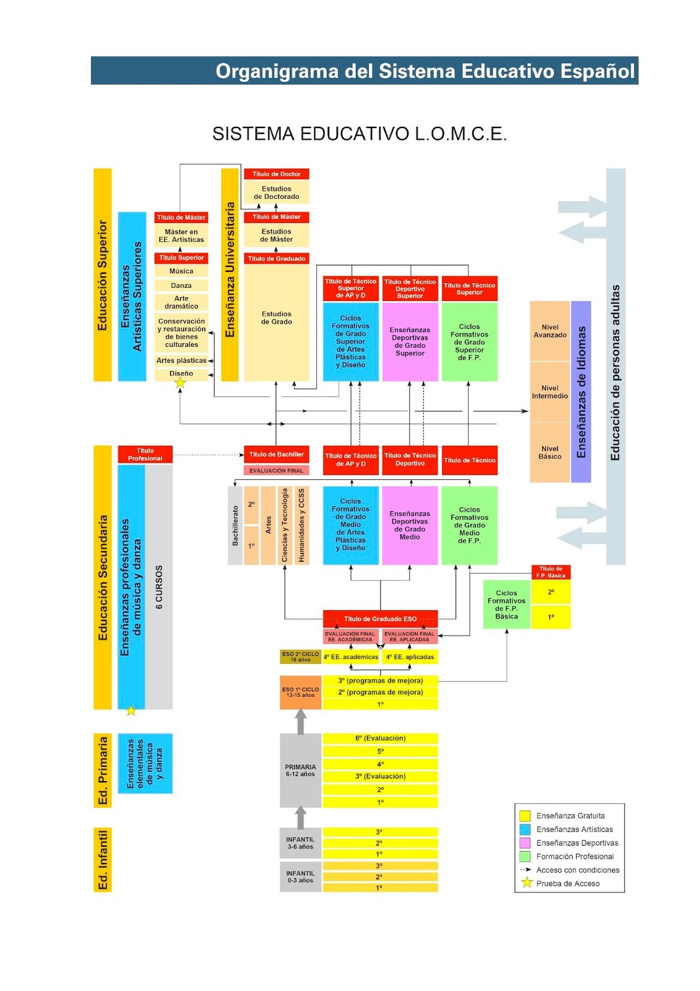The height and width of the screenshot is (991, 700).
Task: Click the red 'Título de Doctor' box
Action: (x=276, y=174)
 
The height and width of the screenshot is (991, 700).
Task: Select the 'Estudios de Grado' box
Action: (x=276, y=318)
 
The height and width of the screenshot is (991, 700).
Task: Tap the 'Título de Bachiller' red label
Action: (x=276, y=455)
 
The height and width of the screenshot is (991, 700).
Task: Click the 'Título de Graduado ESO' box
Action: (x=380, y=619)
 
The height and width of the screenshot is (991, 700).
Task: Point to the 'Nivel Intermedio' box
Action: (x=550, y=392)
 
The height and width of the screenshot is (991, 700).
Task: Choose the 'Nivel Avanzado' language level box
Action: (x=550, y=331)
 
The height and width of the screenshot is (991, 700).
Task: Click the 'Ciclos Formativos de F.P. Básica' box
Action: (x=506, y=605)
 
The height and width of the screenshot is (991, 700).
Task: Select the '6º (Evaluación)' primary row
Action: (x=380, y=738)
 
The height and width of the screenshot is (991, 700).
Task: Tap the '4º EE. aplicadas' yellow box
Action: (x=410, y=657)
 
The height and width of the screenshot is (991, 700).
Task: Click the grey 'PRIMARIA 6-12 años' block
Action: (x=300, y=771)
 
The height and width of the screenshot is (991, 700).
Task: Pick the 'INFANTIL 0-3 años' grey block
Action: (x=300, y=877)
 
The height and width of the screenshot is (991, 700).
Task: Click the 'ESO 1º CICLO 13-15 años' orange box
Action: (x=300, y=692)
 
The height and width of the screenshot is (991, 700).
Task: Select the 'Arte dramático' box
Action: (x=181, y=302)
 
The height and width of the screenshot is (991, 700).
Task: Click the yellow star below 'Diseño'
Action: (x=180, y=383)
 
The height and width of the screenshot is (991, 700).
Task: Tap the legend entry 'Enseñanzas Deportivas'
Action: (x=577, y=843)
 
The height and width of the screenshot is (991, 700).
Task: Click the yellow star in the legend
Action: (x=527, y=883)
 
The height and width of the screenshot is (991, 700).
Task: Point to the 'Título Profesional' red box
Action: (x=145, y=455)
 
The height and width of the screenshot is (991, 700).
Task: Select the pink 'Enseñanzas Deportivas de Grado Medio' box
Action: (x=410, y=525)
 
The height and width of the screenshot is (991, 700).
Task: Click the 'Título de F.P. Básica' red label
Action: (x=551, y=572)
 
